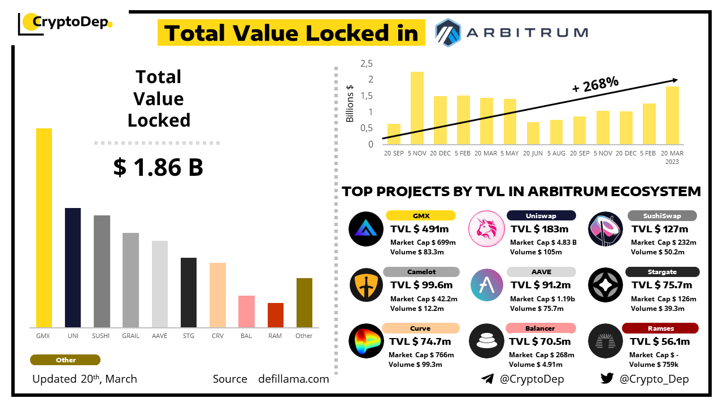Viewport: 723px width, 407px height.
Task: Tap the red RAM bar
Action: coord(276,315)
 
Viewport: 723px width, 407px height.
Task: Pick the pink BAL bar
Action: coord(246,311)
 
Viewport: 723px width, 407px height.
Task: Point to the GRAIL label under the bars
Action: coord(130,336)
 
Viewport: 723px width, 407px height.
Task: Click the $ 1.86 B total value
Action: coord(158,167)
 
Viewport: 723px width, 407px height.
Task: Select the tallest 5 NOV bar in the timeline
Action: coord(417,108)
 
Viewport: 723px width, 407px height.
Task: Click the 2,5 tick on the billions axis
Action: coord(367,63)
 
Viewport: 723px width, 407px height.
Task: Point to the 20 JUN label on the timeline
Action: coord(533,153)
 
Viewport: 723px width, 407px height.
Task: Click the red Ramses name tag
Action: coord(660,328)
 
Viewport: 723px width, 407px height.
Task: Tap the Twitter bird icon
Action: coord(607,379)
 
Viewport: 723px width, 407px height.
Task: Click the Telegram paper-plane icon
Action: coord(487,379)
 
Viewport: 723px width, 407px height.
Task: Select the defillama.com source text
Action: coord(293,379)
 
